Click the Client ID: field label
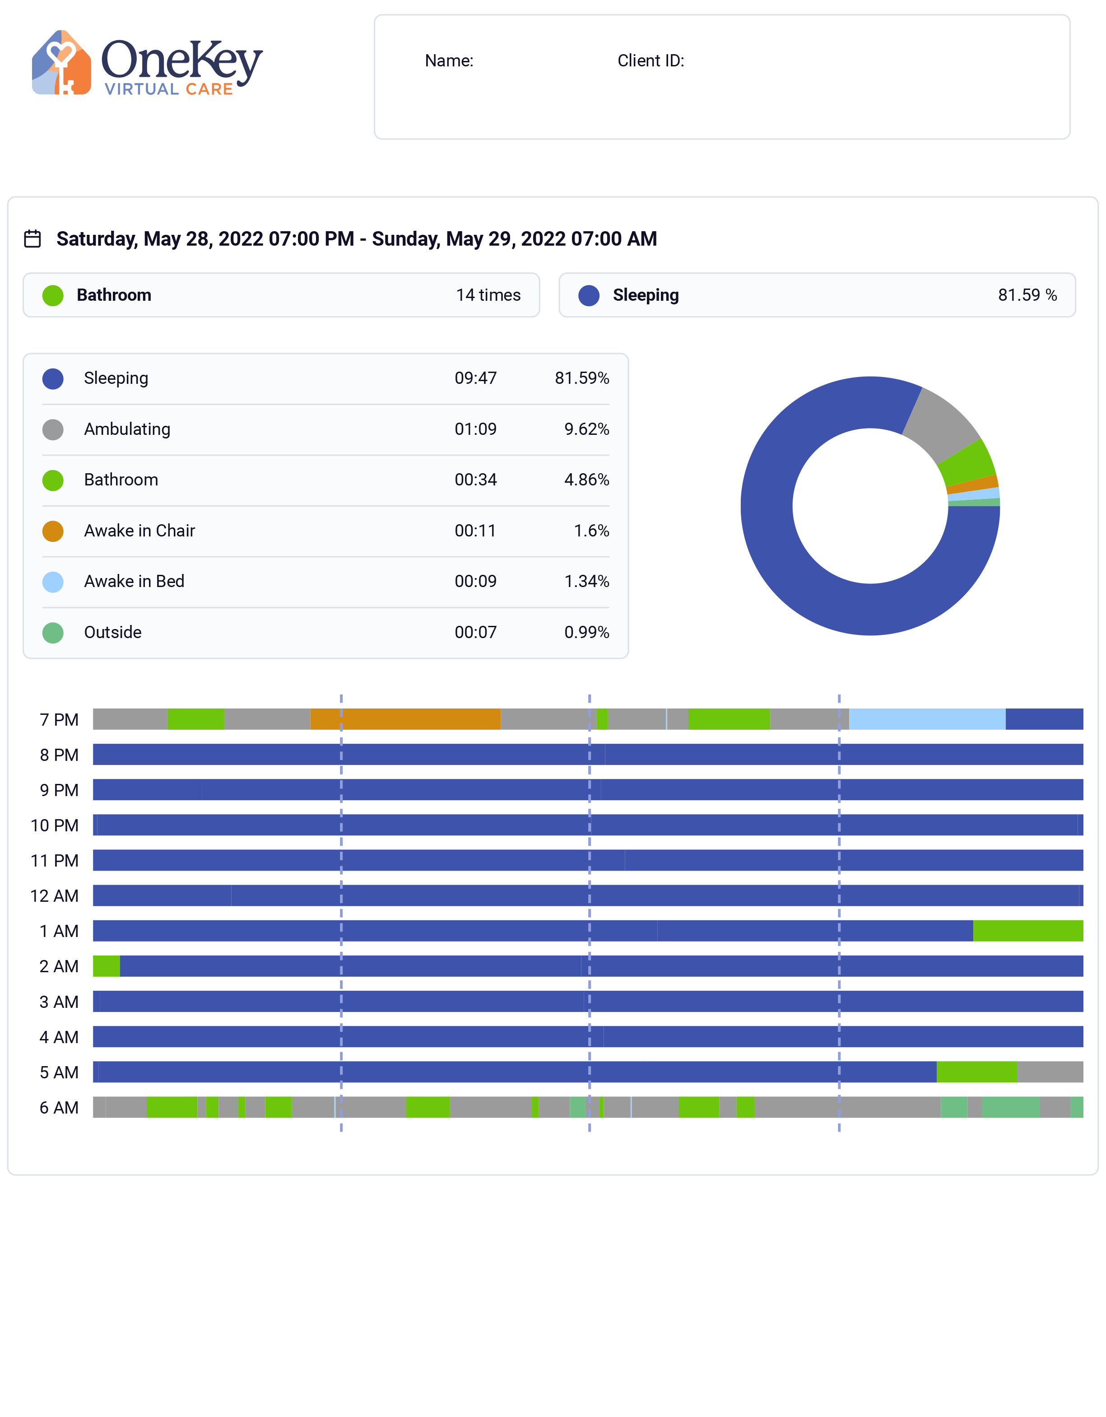coord(650,61)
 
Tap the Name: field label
coord(449,61)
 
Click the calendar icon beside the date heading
coord(33,239)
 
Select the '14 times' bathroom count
coord(488,295)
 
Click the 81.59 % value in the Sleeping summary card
coord(1027,295)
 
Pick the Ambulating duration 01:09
coord(475,429)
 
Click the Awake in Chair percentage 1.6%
coord(591,531)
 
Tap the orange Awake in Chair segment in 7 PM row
coord(405,719)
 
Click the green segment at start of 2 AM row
coord(107,966)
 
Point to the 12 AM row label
coord(55,896)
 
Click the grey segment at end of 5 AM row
coord(1050,1072)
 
